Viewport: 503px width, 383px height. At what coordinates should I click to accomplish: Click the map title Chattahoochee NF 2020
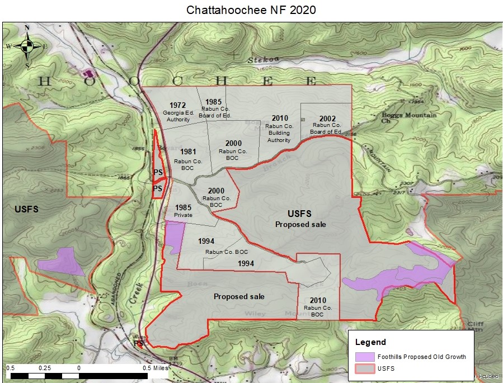[x=251, y=10]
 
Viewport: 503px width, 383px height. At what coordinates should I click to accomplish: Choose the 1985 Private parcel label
[x=182, y=210]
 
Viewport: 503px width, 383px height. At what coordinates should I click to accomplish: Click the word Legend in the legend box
[x=370, y=342]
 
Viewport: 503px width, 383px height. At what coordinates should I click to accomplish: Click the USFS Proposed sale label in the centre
[x=300, y=219]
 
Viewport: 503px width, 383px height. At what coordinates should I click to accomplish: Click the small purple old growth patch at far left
[x=63, y=261]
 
